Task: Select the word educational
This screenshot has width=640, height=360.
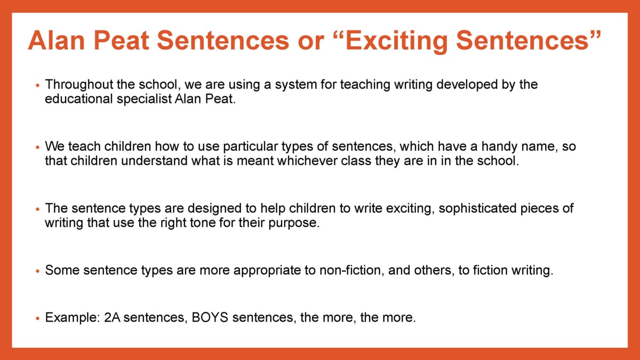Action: (79, 99)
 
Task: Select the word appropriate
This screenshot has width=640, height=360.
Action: (267, 270)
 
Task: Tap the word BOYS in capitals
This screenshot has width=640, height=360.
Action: (210, 317)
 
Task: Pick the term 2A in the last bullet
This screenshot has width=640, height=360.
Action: (112, 317)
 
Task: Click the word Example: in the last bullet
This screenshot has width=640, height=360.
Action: (73, 318)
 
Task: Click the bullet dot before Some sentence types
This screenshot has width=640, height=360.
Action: (37, 271)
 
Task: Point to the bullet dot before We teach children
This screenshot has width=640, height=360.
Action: (37, 147)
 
